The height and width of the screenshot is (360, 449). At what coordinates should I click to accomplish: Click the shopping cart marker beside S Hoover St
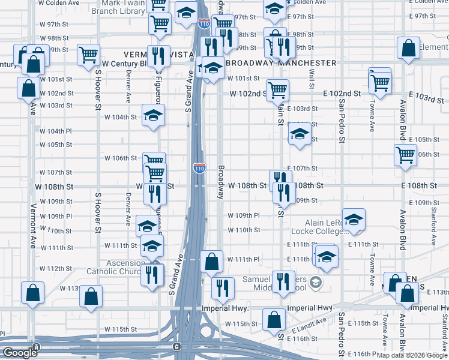[x=88, y=54]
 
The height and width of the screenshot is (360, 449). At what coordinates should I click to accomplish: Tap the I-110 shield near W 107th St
[x=199, y=168]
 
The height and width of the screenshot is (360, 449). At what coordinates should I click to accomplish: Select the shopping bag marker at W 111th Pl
[x=211, y=261]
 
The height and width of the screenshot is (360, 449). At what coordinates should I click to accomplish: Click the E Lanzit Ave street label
[x=310, y=329]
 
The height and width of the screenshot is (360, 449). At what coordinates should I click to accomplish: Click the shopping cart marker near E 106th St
[x=406, y=155]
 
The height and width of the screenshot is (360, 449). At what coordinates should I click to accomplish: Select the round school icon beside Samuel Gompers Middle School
[x=316, y=281]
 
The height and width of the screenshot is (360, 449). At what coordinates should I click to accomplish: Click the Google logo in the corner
[x=19, y=353]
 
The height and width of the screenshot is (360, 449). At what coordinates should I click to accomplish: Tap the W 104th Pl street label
[x=56, y=131]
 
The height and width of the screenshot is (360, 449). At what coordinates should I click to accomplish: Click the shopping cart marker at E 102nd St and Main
[x=277, y=91]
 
